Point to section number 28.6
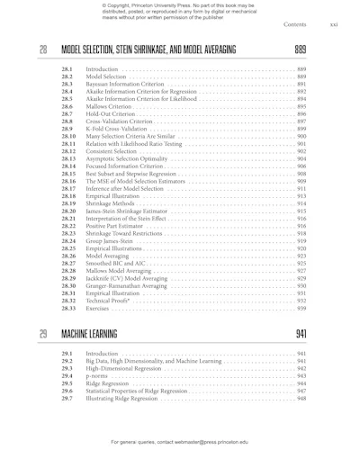pos(67,107)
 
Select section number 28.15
pos(68,175)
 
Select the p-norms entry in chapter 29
pos(96,376)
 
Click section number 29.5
pos(67,383)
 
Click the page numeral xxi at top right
pos(334,24)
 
